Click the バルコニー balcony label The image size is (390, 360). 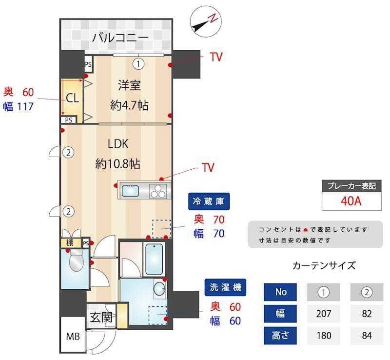tap(120, 37)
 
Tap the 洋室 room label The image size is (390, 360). tap(129, 85)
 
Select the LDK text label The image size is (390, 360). tap(117, 144)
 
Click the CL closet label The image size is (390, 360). tap(72, 98)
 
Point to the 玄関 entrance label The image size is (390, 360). tap(101, 318)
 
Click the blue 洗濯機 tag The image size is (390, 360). tap(225, 288)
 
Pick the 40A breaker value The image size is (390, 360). tap(351, 201)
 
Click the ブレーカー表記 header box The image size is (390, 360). tap(351, 186)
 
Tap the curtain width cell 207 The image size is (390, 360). tap(323, 314)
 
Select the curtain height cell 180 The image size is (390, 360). tap(323, 336)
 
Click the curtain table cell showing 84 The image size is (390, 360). tap(367, 336)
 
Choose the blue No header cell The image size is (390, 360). tap(280, 292)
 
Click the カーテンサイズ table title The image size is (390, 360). tap(324, 266)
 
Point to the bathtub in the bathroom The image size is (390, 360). tap(155, 258)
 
